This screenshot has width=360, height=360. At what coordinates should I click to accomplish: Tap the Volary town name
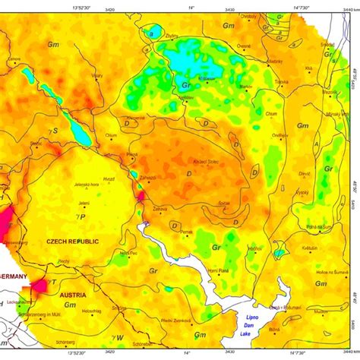coord(97,76)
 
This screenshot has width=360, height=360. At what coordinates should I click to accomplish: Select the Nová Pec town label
coord(128,253)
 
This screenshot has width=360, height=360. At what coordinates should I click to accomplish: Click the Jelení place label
coord(84,204)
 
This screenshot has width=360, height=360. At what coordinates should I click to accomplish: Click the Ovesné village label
coord(243,46)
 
